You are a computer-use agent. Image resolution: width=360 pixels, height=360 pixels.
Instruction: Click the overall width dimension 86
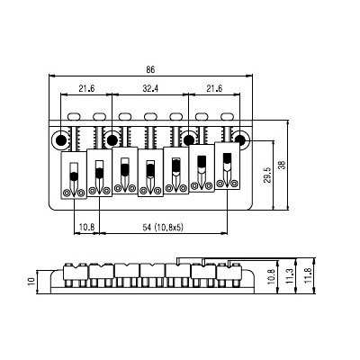point(150,70)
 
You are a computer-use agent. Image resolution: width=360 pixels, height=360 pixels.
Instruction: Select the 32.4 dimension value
point(150,88)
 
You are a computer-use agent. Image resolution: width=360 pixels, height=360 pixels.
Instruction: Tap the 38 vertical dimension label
point(283,166)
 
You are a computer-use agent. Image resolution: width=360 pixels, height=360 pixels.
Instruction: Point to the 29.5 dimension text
point(268,175)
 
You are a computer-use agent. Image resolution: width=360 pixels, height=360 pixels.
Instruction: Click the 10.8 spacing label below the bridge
point(87,227)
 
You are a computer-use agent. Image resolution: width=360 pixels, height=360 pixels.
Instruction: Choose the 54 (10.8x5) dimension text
point(162,228)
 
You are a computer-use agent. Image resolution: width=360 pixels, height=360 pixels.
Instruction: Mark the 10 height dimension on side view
point(31,282)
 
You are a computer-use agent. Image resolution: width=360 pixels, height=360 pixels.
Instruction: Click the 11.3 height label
point(290,276)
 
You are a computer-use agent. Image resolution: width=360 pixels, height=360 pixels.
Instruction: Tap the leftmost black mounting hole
point(61,139)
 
